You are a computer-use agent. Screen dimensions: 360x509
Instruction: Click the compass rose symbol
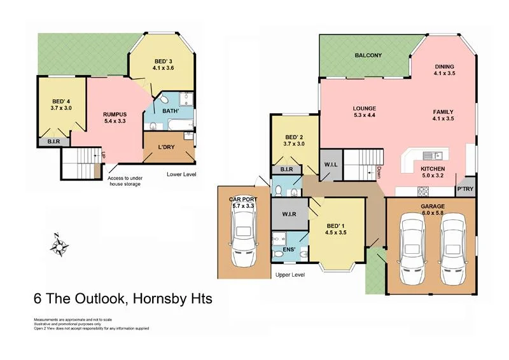pos(58,245)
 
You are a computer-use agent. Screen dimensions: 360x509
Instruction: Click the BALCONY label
pos(368,56)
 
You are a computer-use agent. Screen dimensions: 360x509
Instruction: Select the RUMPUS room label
pos(116,114)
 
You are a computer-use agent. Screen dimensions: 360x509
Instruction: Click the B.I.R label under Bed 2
pos(286,170)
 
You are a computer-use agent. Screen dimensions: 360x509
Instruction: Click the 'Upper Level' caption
pos(290,275)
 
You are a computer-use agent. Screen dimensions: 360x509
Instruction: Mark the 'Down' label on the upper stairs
pos(379,171)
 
